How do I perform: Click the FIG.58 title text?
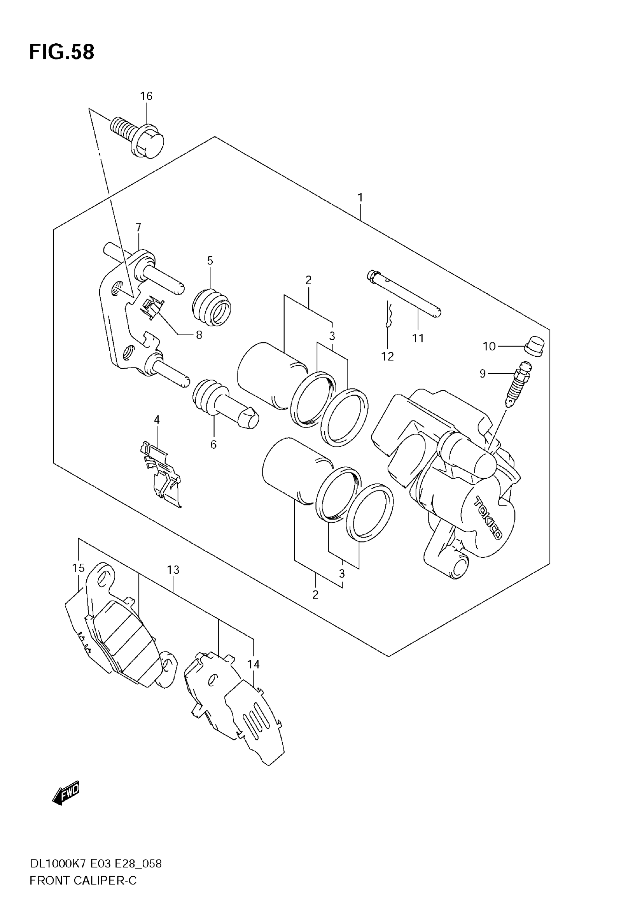62,52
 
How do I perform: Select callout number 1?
360,197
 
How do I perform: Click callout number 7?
138,227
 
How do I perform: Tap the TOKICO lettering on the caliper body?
488,518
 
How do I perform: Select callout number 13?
173,570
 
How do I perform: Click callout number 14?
253,664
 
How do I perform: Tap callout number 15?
78,568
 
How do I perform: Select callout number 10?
489,346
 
